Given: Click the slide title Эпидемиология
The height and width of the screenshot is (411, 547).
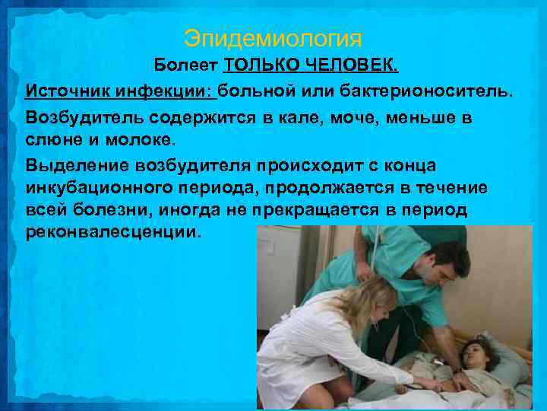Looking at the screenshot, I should tap(273, 38).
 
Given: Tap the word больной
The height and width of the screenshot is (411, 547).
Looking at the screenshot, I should tap(258, 91).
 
